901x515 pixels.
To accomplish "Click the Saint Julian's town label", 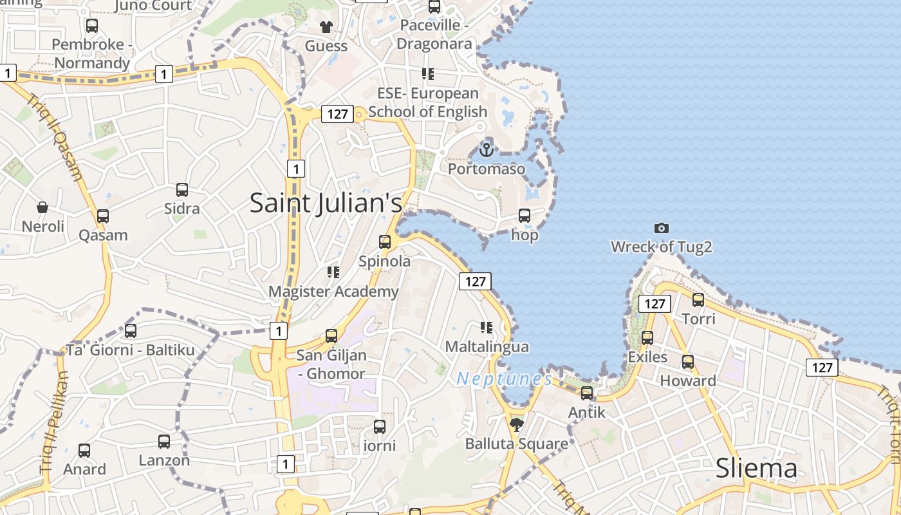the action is click(x=326, y=203).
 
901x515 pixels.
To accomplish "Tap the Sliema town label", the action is click(x=756, y=468).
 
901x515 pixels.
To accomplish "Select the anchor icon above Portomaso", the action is click(x=487, y=150).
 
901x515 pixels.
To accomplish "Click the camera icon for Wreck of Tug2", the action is click(x=661, y=228).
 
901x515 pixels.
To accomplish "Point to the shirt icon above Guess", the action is click(x=326, y=26).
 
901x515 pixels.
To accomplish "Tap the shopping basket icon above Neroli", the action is click(x=42, y=207).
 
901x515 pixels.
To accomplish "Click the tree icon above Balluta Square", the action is click(x=516, y=424).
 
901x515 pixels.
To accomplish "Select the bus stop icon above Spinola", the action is click(x=385, y=242).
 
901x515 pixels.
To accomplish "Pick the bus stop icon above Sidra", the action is click(x=182, y=190).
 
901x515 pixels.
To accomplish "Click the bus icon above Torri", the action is click(x=698, y=299).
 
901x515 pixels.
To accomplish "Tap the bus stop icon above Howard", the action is click(x=688, y=362).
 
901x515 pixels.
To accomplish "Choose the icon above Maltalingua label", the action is click(x=487, y=328).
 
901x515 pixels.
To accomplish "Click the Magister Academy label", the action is click(x=333, y=291).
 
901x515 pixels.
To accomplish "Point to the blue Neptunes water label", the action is click(x=504, y=379).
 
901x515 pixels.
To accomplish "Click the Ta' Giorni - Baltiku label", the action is click(x=130, y=350).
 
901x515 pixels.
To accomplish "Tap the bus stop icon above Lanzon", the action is click(x=164, y=442).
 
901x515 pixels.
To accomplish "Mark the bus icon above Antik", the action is click(x=587, y=393).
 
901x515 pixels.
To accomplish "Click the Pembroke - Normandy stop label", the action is click(x=92, y=53).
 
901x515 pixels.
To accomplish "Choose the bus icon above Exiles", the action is click(x=647, y=338).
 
